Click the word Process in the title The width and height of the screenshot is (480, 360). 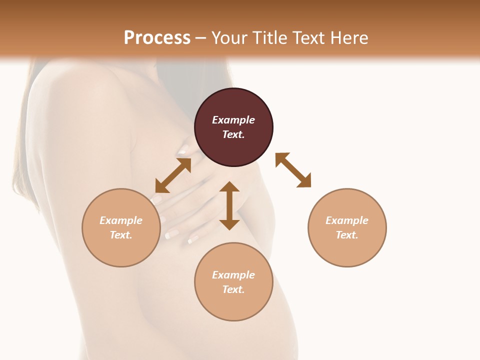coord(157,38)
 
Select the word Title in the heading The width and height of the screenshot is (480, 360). coord(270,38)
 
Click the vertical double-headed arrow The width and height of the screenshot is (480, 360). coord(229,205)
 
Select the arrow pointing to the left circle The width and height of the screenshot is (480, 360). coord(173,175)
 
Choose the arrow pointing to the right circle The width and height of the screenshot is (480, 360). coord(293,170)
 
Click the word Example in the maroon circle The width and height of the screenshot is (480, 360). coord(233,120)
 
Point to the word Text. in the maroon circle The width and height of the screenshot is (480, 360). coord(233,134)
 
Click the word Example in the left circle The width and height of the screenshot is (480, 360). coord(121,220)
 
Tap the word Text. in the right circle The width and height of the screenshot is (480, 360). coord(347,235)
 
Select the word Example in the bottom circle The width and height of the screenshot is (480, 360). coord(233,275)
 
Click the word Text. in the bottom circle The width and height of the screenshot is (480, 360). coord(233,289)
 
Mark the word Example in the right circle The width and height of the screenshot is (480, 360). coord(347,220)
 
